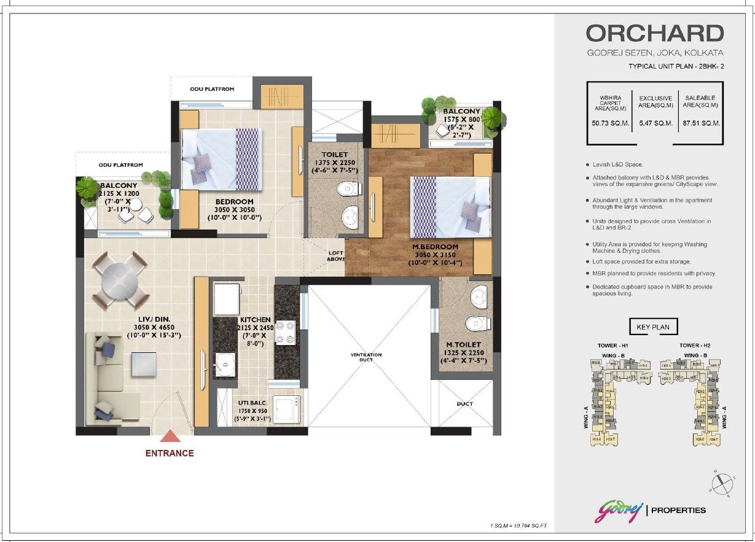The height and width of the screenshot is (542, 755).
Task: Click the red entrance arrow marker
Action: point(170,436)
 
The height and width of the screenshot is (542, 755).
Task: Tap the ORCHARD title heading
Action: point(654,33)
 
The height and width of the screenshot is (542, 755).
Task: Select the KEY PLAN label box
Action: point(653,327)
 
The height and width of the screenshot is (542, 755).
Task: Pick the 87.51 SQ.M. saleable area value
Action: point(701,123)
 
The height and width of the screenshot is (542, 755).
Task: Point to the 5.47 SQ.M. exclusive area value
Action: point(655,123)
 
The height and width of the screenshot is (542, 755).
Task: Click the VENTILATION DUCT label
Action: point(366,357)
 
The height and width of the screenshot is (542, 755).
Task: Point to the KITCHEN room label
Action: point(255,320)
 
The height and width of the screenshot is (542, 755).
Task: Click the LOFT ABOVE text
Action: point(336,255)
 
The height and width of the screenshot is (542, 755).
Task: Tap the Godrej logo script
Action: point(618,510)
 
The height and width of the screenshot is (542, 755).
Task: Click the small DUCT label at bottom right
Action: point(464,405)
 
